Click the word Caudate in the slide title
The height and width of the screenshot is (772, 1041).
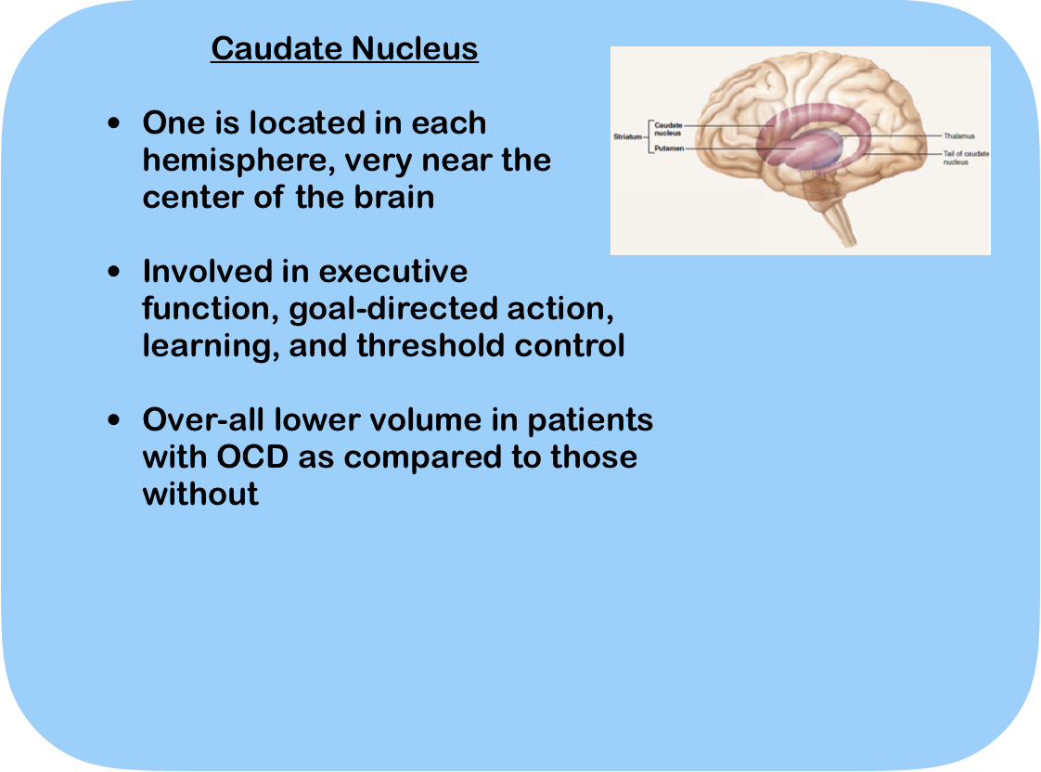pos(276,48)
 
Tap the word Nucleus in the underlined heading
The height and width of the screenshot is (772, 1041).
pos(415,48)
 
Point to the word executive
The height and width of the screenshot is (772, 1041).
pos(393,272)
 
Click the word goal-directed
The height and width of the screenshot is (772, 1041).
pos(393,309)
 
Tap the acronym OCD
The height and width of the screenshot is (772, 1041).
pos(253,457)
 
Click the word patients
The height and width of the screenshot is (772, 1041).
pos(590,421)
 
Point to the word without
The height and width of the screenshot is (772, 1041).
pos(200,495)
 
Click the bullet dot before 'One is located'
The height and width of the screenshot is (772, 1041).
pos(114,123)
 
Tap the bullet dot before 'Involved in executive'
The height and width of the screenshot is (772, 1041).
pos(114,272)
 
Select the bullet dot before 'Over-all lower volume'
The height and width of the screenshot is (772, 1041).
pos(114,420)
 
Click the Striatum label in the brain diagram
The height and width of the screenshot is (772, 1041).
pos(627,136)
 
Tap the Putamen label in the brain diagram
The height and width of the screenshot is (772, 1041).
pos(669,148)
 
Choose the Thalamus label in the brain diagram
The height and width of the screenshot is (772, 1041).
pos(959,136)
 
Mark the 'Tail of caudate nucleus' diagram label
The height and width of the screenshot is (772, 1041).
pos(966,158)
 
